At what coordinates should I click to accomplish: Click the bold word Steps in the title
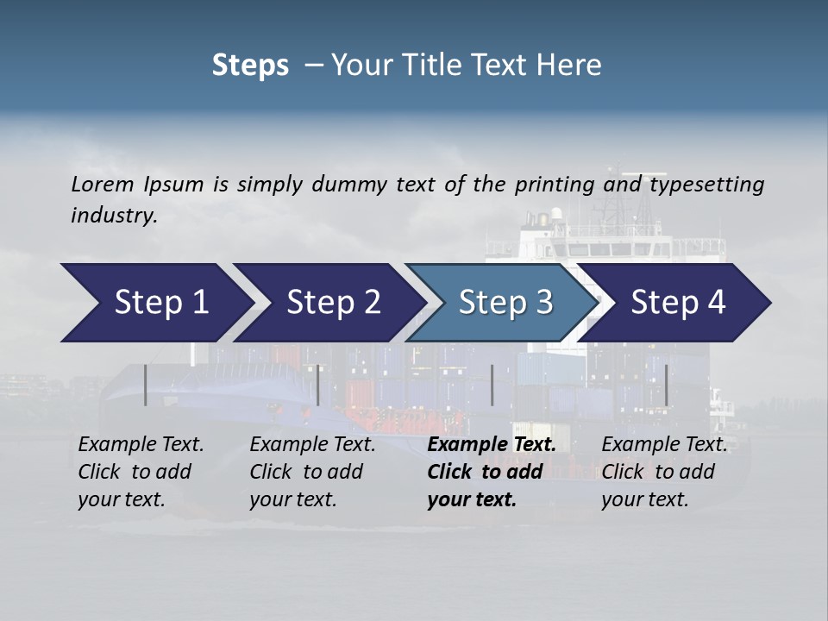tap(250, 66)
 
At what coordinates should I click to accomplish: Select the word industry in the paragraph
tap(112, 216)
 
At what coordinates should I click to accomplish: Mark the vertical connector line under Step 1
tap(146, 385)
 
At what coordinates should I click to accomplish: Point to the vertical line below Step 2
tap(318, 385)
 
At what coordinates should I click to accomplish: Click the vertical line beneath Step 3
tap(492, 385)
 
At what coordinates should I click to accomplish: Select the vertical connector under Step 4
tap(666, 385)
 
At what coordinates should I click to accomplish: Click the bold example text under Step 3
tap(490, 472)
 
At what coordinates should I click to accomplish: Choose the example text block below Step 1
tap(141, 472)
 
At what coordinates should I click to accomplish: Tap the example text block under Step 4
tap(662, 472)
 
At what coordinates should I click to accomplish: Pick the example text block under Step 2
tap(311, 472)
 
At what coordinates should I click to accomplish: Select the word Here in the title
tap(572, 66)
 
